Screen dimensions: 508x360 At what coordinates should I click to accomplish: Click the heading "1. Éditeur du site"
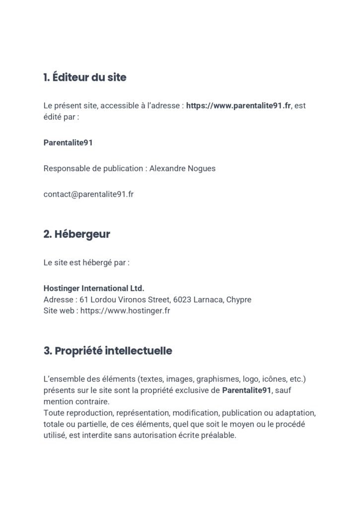85,77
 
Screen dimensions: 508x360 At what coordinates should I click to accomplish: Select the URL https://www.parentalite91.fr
238,106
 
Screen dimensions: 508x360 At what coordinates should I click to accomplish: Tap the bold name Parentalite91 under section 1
68,142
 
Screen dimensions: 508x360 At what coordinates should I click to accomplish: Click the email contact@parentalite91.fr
88,194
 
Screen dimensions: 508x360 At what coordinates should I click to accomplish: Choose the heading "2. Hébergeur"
76,234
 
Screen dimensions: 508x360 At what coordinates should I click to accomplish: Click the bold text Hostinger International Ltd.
94,288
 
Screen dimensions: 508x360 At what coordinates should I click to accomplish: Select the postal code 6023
181,300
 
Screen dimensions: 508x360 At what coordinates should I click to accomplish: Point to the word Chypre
239,300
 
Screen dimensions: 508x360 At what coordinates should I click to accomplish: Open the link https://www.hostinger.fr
125,312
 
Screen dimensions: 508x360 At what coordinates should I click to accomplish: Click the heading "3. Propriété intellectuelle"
108,351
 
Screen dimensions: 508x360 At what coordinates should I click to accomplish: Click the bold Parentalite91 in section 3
247,390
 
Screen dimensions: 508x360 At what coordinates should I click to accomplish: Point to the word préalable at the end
220,436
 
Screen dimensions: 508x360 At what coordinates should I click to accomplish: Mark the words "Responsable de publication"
93,168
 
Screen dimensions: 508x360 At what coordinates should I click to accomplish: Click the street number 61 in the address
83,300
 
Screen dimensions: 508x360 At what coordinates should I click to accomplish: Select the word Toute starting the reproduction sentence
53,413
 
